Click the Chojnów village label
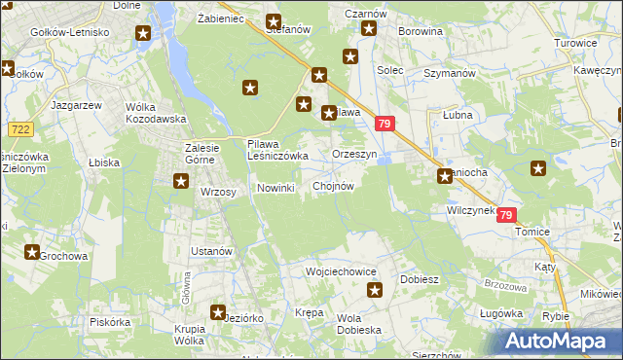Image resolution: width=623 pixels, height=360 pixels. (x=333, y=186)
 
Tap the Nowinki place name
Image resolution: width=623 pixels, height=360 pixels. (x=275, y=188)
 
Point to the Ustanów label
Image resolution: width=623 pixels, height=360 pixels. (x=211, y=251)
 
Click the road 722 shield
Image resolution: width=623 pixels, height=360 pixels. (x=18, y=128)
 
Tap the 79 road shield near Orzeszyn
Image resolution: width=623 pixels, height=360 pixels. (x=385, y=124)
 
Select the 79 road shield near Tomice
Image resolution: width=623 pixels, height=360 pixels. (x=505, y=215)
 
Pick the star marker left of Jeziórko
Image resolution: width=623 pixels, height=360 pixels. (x=218, y=313)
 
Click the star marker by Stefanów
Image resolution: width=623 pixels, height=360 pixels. (x=274, y=21)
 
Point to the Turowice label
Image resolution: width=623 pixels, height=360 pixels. (x=574, y=44)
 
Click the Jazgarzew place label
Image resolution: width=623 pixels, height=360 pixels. (x=70, y=101)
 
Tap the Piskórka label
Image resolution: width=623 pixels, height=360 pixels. (x=109, y=321)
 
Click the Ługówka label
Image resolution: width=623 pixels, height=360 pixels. (x=502, y=314)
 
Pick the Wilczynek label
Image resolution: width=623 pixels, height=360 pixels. (x=470, y=209)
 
